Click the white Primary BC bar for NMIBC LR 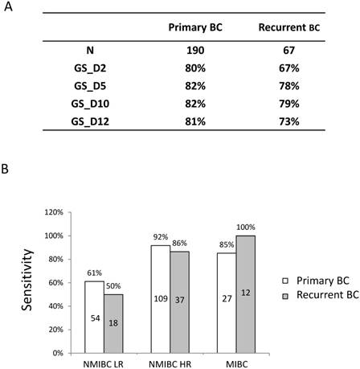(x=94, y=317)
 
